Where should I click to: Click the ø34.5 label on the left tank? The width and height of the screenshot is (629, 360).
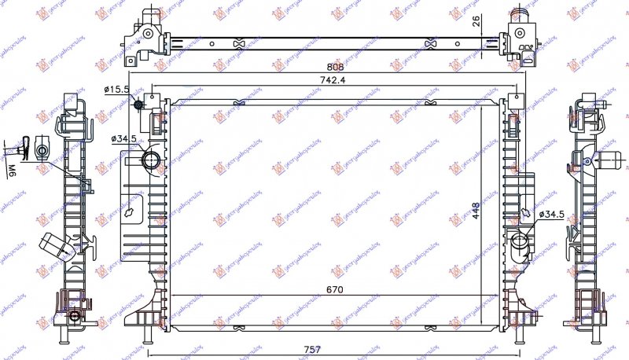[x=124, y=138]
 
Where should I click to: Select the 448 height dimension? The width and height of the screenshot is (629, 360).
[x=476, y=208]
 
